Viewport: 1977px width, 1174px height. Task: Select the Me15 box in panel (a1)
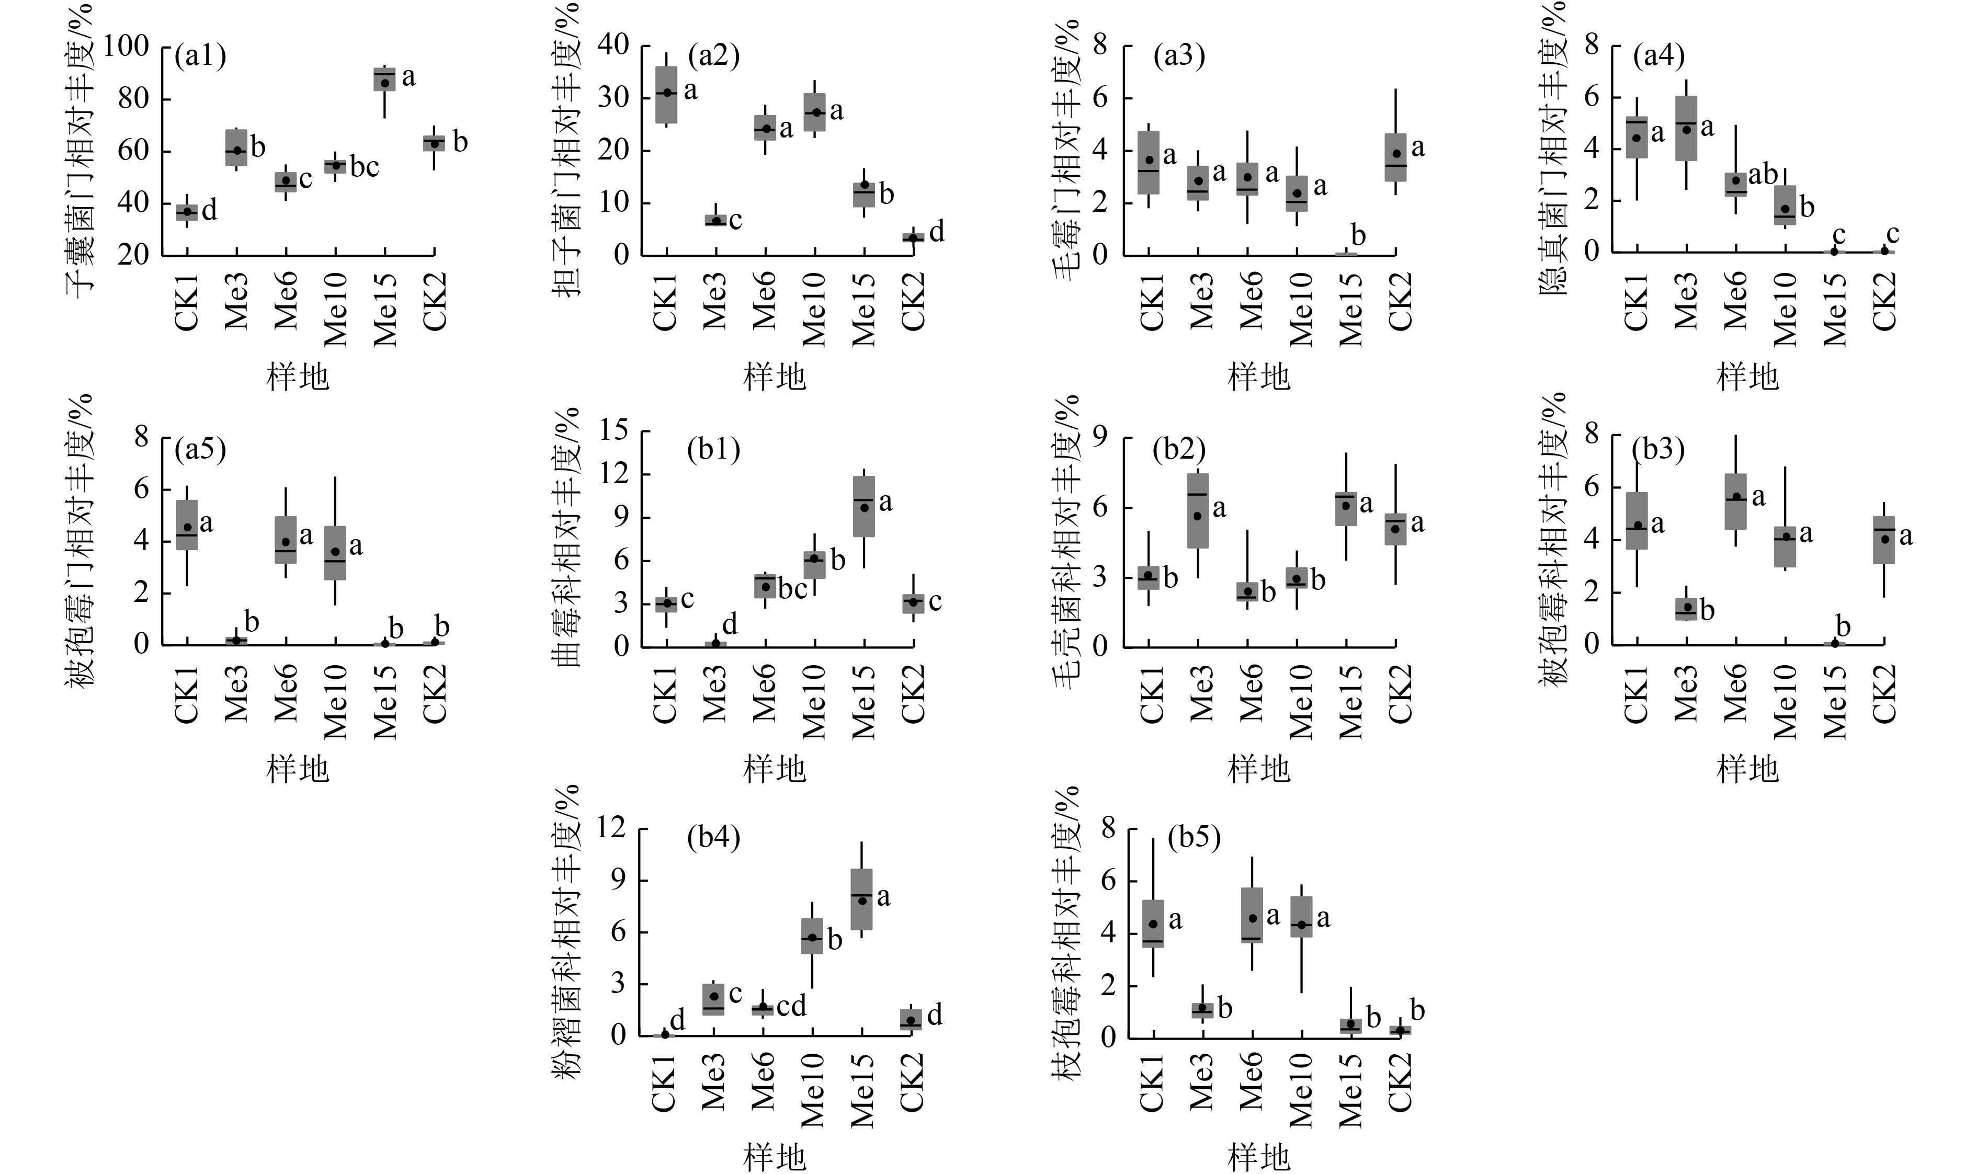click(384, 79)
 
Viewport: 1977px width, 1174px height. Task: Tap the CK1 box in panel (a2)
click(666, 95)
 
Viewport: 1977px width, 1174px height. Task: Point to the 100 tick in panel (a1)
click(127, 46)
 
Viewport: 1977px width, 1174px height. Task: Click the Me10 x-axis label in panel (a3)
click(1299, 309)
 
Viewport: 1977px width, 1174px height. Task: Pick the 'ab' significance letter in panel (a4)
click(1763, 175)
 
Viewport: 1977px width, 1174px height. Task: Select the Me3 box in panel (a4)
click(1686, 128)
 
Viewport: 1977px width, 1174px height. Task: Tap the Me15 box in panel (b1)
click(864, 506)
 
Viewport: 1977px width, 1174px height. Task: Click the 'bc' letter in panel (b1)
click(793, 589)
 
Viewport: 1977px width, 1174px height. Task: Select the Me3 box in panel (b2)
click(1198, 510)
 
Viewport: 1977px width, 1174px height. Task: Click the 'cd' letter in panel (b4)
click(791, 1006)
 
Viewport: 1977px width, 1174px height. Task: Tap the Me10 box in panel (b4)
click(812, 936)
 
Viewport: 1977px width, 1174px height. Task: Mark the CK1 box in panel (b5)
click(1153, 923)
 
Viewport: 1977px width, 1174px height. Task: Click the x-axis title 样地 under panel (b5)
click(1258, 1157)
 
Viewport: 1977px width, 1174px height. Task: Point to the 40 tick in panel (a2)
click(612, 46)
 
